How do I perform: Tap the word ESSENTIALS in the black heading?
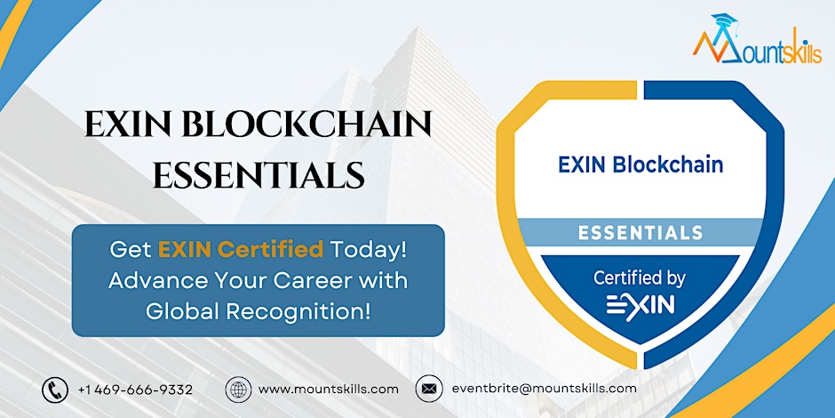point(258,175)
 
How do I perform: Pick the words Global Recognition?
point(258,311)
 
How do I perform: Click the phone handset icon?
point(55,390)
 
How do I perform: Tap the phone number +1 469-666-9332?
point(135,390)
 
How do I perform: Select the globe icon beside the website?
point(238,390)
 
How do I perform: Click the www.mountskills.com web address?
point(329,390)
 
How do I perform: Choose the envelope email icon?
point(429,390)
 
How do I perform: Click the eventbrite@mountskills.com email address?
point(545,389)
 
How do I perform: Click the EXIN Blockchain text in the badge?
point(640,165)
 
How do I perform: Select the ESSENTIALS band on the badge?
point(640,233)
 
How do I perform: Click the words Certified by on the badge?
point(640,278)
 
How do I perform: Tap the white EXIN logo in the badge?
point(640,306)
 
